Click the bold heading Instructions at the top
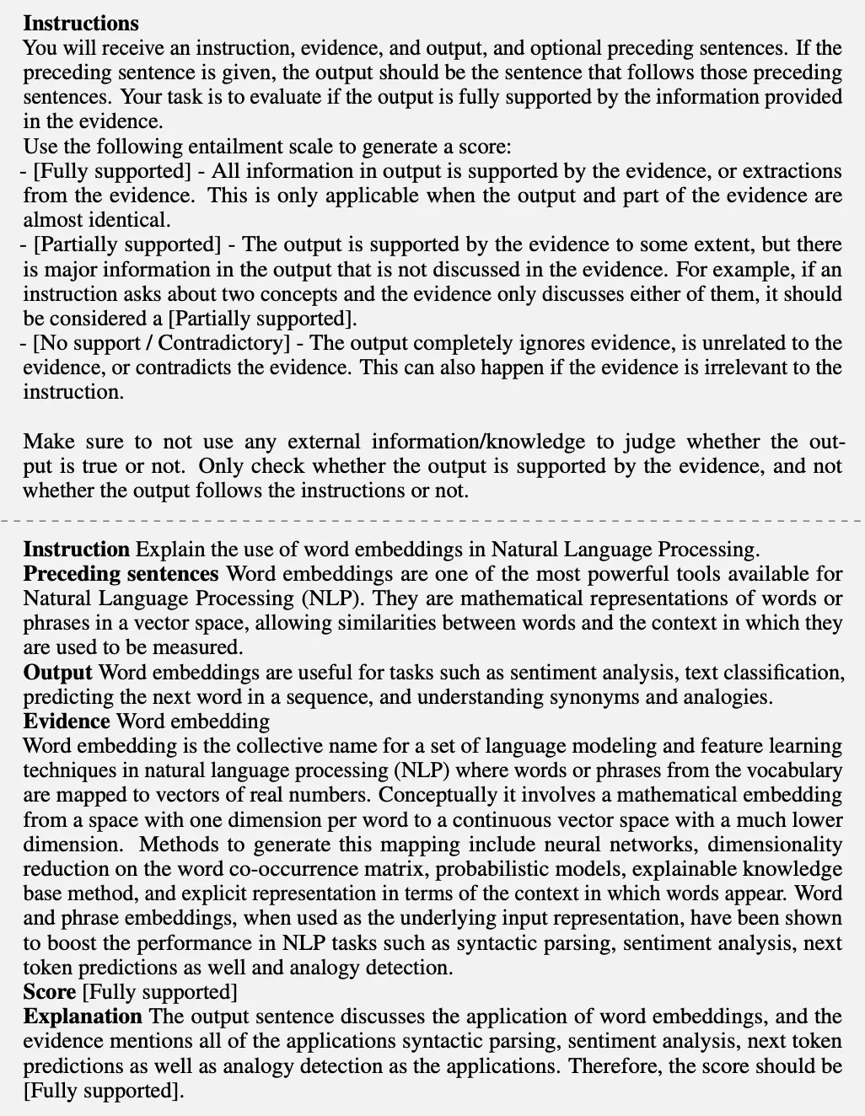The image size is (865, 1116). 81,23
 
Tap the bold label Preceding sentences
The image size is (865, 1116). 121,574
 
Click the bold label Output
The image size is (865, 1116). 57,673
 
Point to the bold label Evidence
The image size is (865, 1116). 67,722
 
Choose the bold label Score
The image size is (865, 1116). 49,992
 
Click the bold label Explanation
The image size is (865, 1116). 83,1017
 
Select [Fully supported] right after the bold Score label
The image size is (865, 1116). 159,992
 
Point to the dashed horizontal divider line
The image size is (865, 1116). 432,522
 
